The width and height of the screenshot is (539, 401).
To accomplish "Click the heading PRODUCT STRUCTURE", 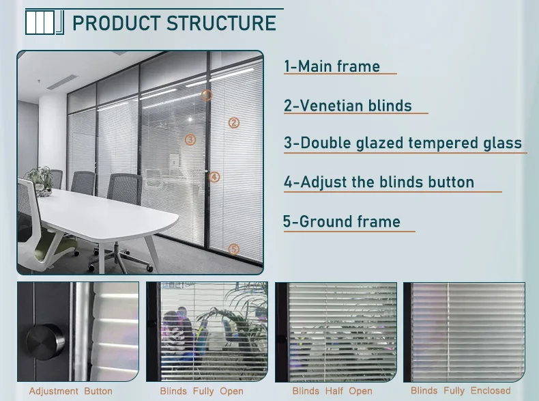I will point(174,23).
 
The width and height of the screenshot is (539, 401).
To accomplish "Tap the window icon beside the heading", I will point(44,22).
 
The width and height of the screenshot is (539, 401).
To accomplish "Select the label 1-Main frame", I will point(332,66).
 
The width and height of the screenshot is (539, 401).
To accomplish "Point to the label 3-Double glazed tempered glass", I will point(403,143).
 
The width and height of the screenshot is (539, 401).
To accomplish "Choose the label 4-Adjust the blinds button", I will point(379,182).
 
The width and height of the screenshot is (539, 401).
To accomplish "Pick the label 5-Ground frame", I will point(342,221).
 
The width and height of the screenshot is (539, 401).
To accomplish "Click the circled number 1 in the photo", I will point(207,96).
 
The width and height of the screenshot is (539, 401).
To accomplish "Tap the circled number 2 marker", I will point(234,123).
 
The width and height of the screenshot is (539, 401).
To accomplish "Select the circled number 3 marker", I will point(190,140).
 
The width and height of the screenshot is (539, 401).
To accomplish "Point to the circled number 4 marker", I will point(215,177).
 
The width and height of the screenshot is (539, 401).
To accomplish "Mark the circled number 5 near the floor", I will point(234,249).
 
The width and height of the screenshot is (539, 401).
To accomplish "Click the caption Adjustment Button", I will point(71,391).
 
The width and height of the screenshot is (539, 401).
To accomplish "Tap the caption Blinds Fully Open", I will point(201,391).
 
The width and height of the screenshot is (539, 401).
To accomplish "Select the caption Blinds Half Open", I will point(332,391).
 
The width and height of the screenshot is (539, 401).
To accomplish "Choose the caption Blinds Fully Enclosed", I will point(461,391).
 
